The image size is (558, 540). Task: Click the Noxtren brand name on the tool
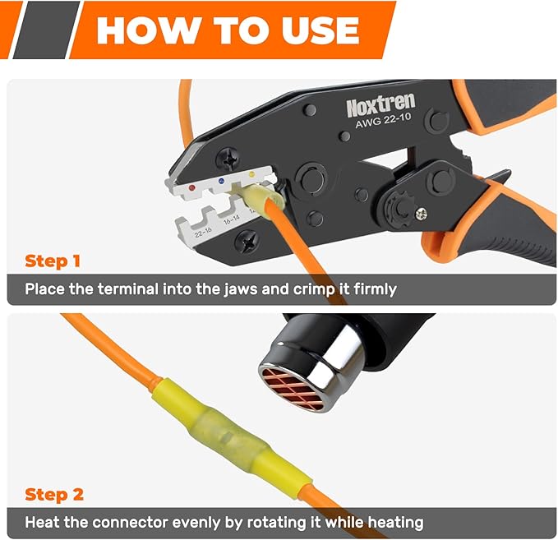click(380, 105)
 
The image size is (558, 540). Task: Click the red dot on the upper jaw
click(192, 187)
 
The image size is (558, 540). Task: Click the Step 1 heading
click(53, 261)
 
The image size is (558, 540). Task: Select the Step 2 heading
click(54, 494)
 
